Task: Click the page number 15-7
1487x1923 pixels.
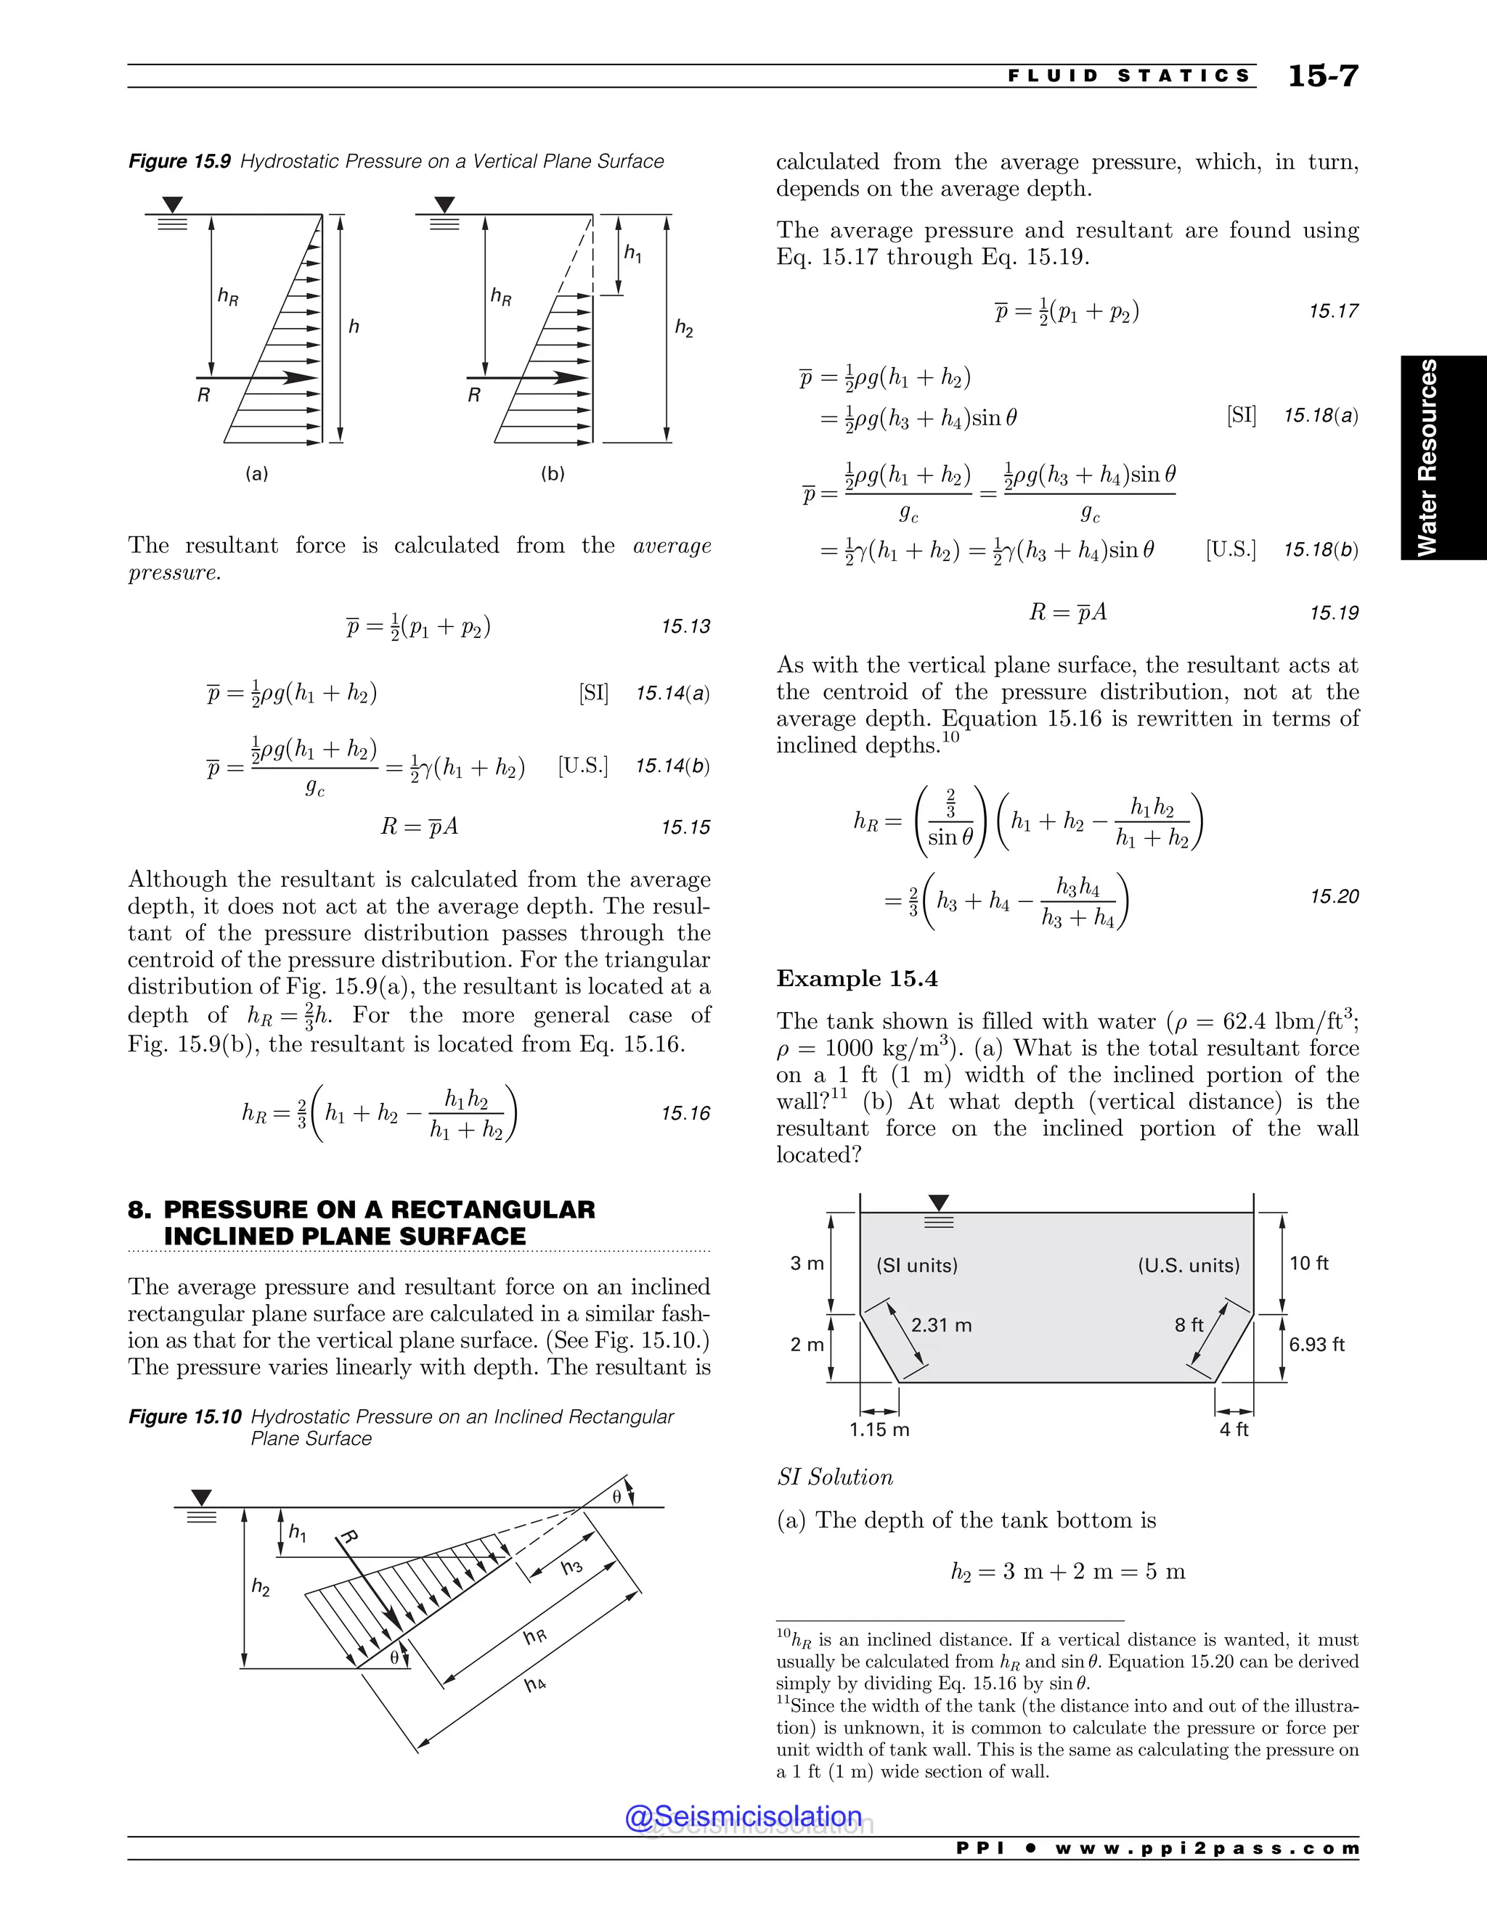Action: coord(1322,77)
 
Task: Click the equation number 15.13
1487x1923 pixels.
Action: coord(685,627)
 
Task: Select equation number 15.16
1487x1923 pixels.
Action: coord(685,1114)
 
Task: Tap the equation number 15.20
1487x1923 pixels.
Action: coord(1334,896)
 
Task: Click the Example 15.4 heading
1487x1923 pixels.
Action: coord(856,978)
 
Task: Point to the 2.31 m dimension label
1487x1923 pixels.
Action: coord(941,1325)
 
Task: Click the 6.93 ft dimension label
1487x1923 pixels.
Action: coord(1316,1345)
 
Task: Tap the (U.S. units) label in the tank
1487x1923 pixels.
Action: coord(1189,1266)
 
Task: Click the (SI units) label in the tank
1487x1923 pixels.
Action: coord(916,1266)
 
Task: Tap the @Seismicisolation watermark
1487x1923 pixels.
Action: coord(743,1816)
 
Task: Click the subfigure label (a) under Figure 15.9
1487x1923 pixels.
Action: coord(256,474)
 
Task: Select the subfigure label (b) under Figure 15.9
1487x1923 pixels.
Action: coord(553,474)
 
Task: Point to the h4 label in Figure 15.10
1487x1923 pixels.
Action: coord(534,1684)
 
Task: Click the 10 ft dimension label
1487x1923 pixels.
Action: coord(1308,1263)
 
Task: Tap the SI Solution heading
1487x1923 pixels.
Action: coord(834,1477)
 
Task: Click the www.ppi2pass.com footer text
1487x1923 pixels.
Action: coord(1207,1848)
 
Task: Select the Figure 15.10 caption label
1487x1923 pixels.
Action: coord(184,1416)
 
